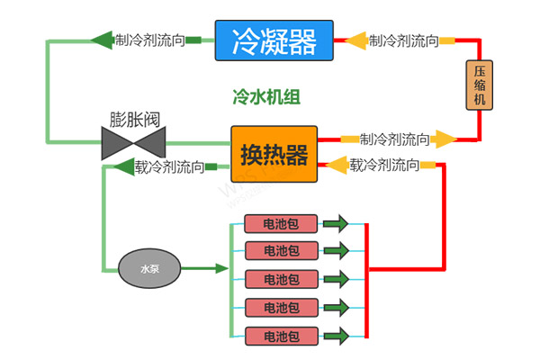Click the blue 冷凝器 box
click(274, 40)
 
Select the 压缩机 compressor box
click(479, 85)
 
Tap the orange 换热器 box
click(274, 155)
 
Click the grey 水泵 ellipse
click(149, 268)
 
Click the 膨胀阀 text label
click(134, 120)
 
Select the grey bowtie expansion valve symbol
click(134, 142)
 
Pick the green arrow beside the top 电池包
click(336, 223)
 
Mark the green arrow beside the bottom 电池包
click(336, 336)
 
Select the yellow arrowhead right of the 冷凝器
click(356, 40)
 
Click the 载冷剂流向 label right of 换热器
click(384, 165)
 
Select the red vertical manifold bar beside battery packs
click(366, 279)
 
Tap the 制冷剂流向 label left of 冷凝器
click(150, 40)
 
